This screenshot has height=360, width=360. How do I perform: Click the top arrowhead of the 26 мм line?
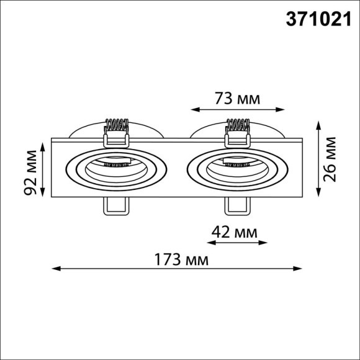pos(318,125)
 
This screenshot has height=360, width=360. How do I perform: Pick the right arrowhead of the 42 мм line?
pos(264,243)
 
